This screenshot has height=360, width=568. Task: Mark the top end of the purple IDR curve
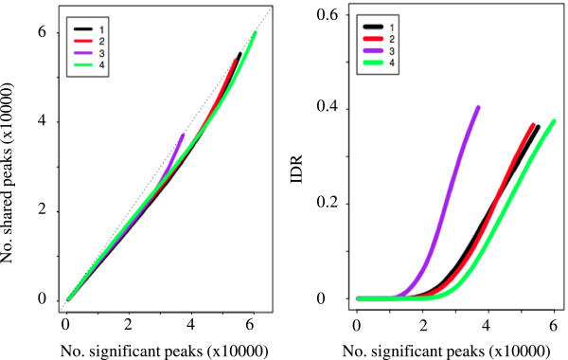tap(478, 108)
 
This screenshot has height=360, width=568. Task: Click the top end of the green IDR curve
tap(553, 121)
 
